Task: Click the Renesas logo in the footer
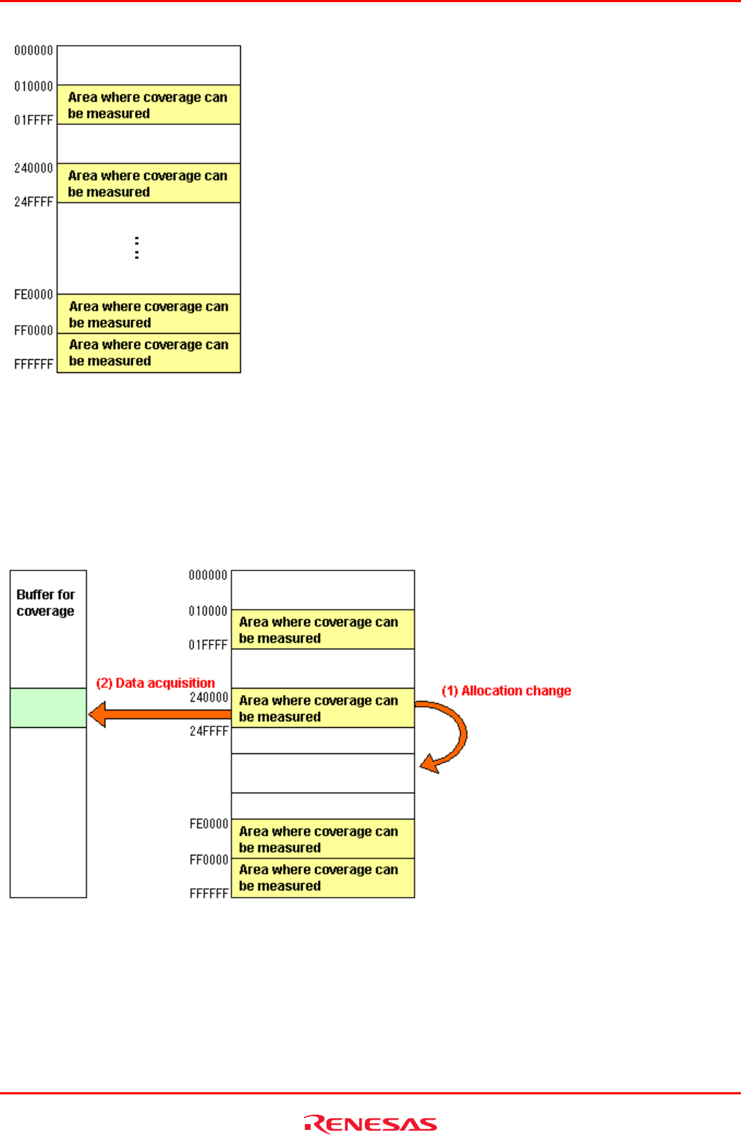[370, 1123]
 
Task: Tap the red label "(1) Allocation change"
[507, 691]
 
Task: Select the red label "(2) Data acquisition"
[155, 683]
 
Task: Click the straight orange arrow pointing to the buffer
[160, 714]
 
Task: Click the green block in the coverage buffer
[48, 708]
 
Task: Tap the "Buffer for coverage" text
[46, 603]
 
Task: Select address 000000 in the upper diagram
[34, 51]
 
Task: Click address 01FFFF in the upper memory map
[34, 120]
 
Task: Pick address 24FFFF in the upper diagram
[34, 202]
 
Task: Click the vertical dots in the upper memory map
[136, 247]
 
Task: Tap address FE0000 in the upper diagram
[34, 295]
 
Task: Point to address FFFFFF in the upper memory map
[34, 364]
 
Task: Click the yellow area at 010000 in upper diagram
[149, 105]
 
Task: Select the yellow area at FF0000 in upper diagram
[149, 353]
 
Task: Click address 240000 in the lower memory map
[209, 697]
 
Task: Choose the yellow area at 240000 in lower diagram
[323, 708]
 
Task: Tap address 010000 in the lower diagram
[208, 611]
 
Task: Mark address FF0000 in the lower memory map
[209, 860]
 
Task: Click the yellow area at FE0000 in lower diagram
[323, 840]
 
